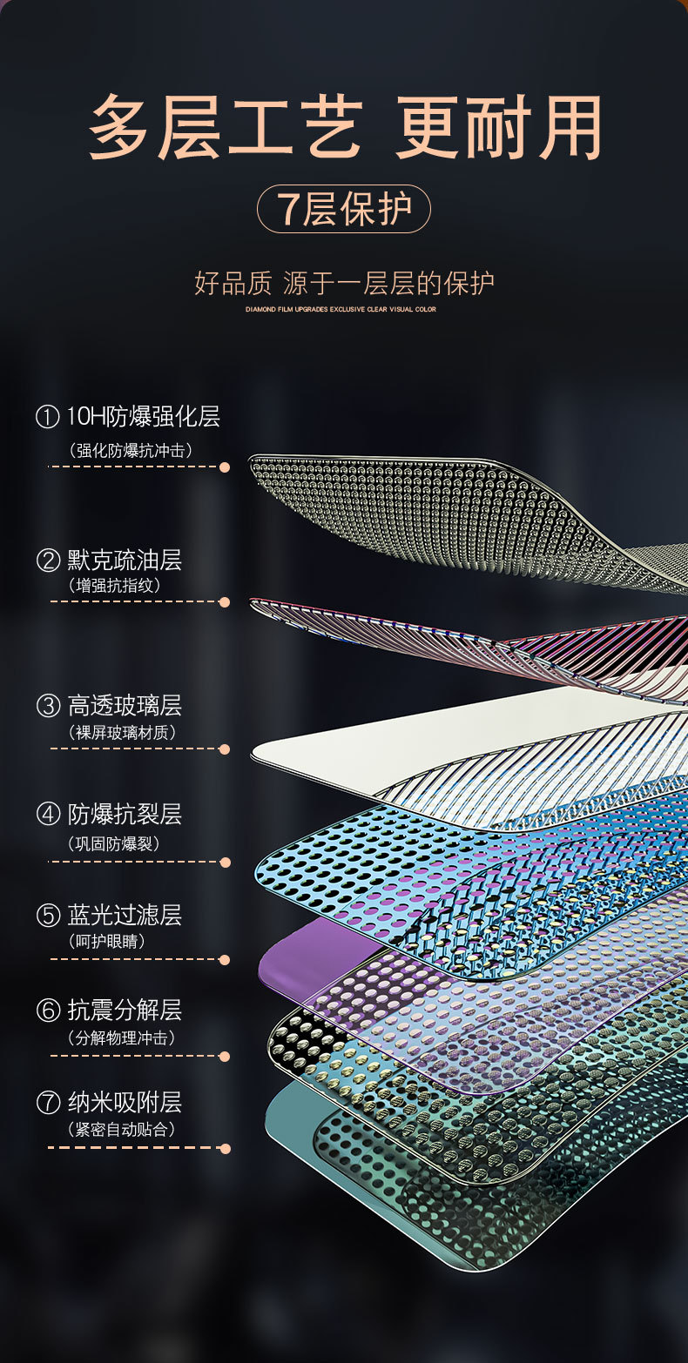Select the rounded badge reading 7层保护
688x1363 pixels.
click(344, 209)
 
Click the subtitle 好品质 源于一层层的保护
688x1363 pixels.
click(344, 283)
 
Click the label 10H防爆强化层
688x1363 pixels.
click(144, 417)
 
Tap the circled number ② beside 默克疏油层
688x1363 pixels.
click(48, 560)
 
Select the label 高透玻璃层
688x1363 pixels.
click(125, 705)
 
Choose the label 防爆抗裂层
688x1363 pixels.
click(125, 815)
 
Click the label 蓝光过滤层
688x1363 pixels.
click(125, 915)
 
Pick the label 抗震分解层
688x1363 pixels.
click(125, 1010)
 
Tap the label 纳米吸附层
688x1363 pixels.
click(125, 1103)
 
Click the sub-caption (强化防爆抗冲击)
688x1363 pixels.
click(131, 450)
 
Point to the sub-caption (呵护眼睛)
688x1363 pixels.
click(106, 942)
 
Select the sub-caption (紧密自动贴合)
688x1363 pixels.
click(122, 1130)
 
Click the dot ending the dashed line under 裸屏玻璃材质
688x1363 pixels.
click(225, 749)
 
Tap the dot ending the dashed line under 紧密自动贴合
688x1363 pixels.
click(225, 1148)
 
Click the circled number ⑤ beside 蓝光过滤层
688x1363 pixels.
click(48, 916)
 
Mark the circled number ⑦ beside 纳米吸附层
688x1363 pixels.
click(48, 1104)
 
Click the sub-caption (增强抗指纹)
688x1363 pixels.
click(114, 586)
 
